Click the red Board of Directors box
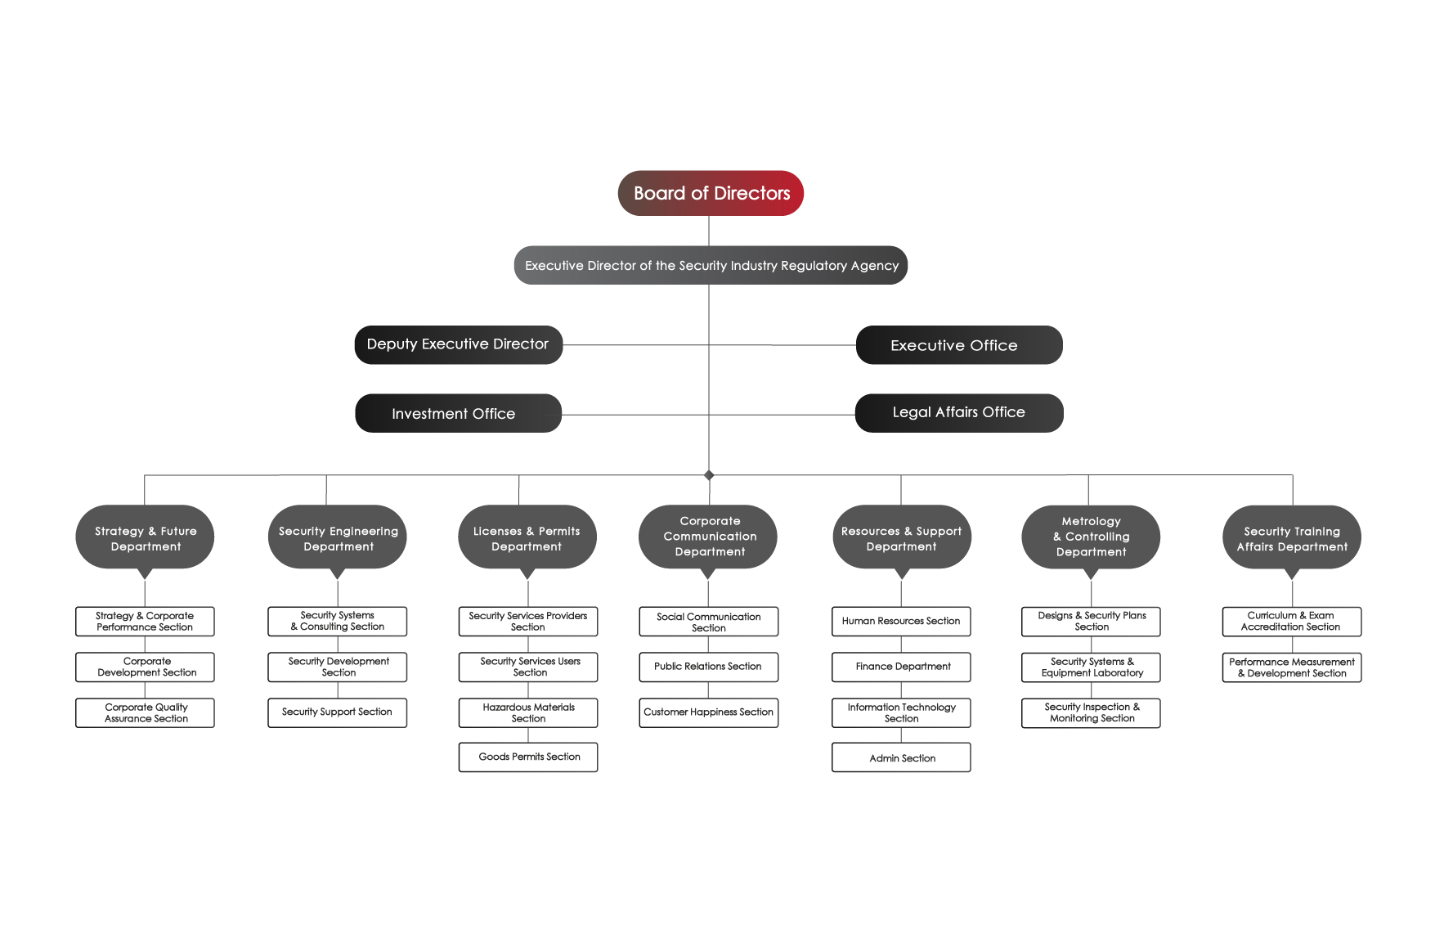click(x=711, y=193)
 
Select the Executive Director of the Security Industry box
click(x=711, y=265)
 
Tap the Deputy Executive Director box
click(x=458, y=344)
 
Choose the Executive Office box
click(x=959, y=345)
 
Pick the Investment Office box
click(x=458, y=413)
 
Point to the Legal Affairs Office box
click(x=959, y=413)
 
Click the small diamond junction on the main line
click(x=709, y=475)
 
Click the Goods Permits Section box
click(x=528, y=757)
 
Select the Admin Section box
click(x=901, y=757)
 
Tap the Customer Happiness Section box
click(x=709, y=712)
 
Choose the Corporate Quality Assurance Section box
click(x=145, y=712)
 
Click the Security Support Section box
click(x=338, y=712)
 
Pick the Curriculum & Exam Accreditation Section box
click(x=1292, y=622)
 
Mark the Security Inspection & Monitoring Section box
click(x=1091, y=712)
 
